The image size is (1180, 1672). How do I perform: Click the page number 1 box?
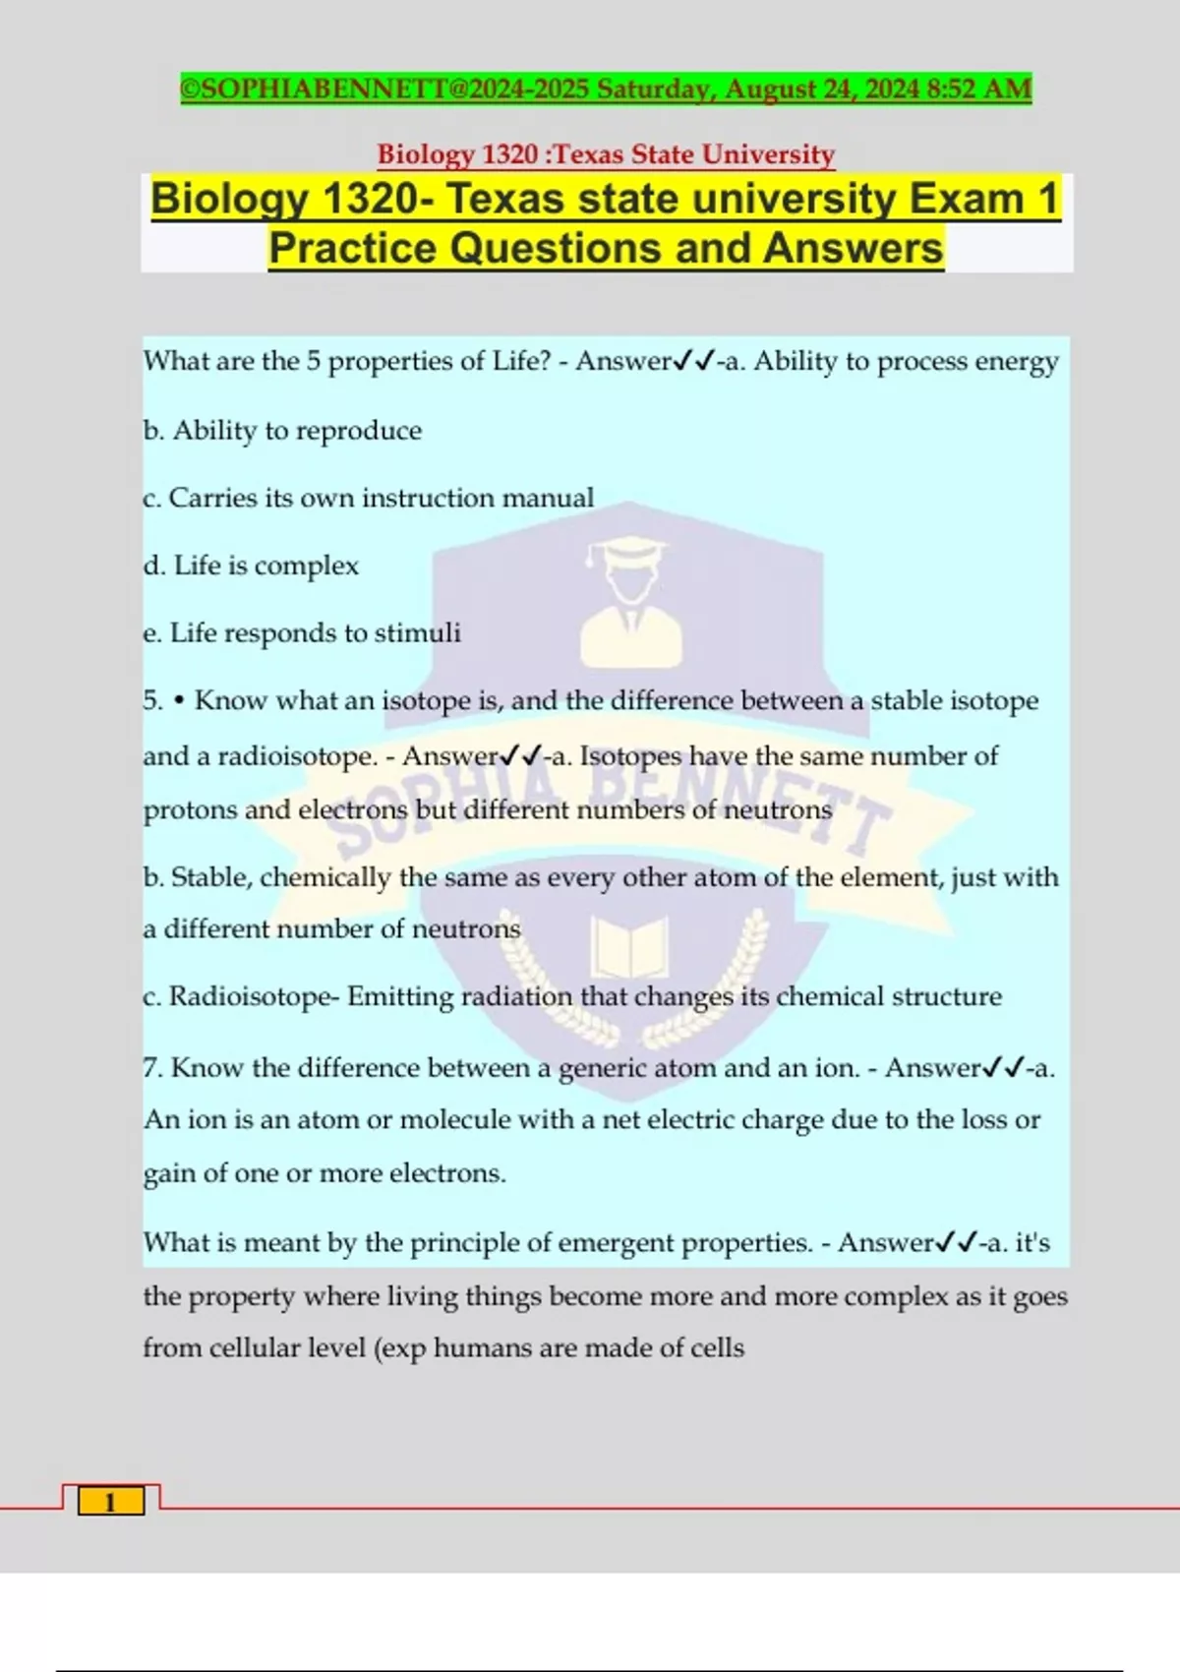point(111,1501)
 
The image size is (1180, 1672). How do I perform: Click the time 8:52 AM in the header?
point(978,89)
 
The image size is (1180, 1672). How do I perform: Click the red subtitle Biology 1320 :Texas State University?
point(606,154)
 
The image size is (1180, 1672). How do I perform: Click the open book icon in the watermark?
point(629,947)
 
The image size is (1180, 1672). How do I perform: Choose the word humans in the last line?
point(483,1347)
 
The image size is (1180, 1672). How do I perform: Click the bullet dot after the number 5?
point(179,701)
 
